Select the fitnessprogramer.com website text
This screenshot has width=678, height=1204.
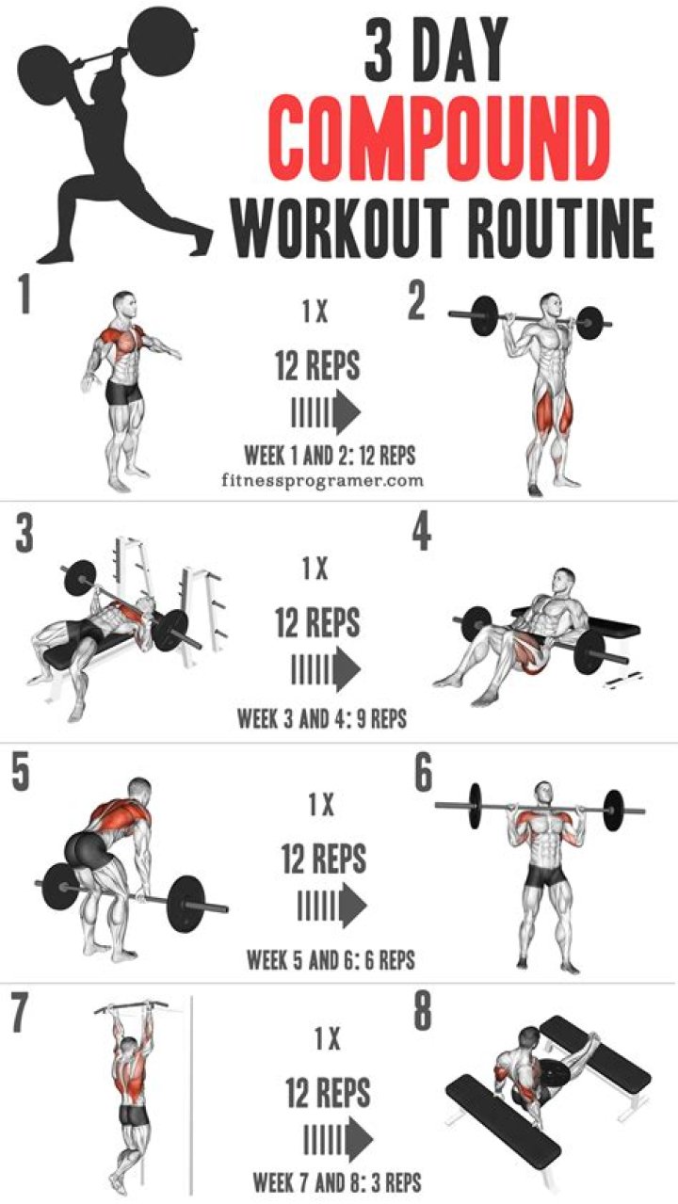[322, 480]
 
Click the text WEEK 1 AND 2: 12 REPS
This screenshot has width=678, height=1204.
[331, 456]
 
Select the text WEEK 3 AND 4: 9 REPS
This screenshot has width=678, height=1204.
[322, 717]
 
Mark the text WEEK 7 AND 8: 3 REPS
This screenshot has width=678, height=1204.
[337, 1182]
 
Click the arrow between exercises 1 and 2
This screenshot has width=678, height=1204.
[326, 413]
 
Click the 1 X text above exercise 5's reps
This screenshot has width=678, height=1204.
[321, 805]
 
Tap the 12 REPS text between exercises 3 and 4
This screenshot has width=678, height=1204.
[317, 622]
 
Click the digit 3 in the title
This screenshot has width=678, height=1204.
[379, 49]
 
